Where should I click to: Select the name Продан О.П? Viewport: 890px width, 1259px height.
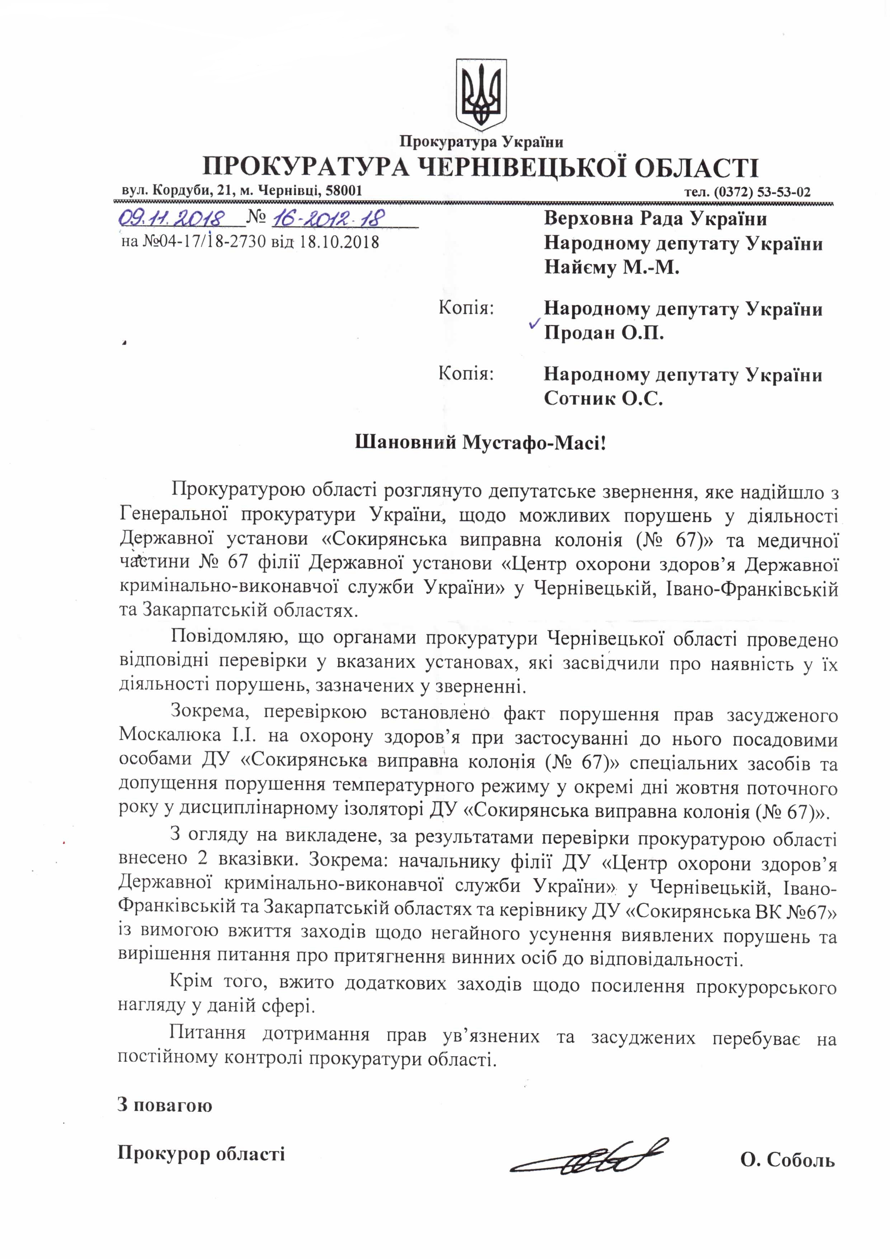[x=603, y=333]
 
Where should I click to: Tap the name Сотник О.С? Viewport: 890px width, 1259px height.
[x=603, y=398]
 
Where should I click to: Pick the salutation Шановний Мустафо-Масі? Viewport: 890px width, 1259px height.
[x=480, y=442]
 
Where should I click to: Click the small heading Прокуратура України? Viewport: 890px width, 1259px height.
[x=481, y=142]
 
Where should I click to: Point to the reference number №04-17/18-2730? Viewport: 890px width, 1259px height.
[x=204, y=241]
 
